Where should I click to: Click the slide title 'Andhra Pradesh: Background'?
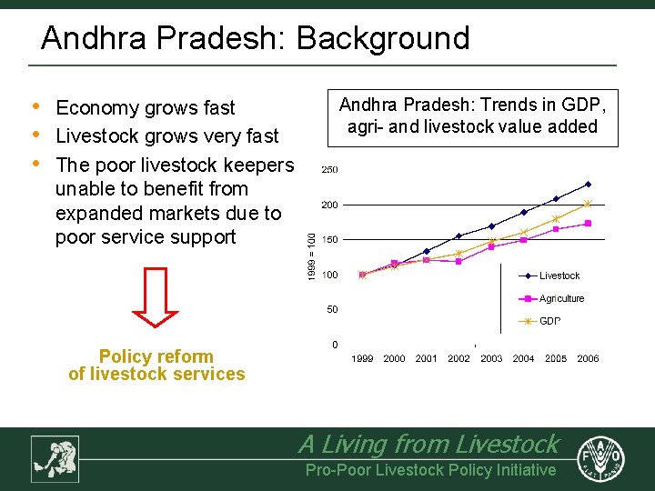255,38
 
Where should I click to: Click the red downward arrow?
156,297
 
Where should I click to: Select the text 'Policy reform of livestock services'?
156,366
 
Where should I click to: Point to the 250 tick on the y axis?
328,170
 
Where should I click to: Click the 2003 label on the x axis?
491,358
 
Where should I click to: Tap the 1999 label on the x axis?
362,358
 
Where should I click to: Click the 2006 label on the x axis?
589,358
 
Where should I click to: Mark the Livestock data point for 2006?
589,184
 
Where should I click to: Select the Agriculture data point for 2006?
589,223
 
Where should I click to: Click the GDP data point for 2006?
589,204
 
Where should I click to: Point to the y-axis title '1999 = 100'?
312,256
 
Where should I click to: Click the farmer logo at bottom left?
55,458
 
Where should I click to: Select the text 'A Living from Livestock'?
428,444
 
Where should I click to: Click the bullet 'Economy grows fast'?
146,108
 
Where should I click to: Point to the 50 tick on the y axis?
332,309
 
